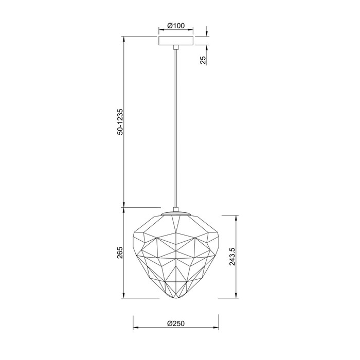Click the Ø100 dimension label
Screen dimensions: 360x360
176,26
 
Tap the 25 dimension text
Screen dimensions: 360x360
203,60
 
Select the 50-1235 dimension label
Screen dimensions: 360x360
120,122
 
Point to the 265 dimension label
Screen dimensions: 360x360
120,253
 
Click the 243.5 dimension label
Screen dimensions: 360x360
232,257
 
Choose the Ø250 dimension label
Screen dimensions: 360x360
176,323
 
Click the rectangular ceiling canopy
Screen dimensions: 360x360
176,41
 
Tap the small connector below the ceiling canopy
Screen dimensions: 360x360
176,47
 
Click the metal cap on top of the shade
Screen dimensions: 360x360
176,213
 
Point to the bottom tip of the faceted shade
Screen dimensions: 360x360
176,299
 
